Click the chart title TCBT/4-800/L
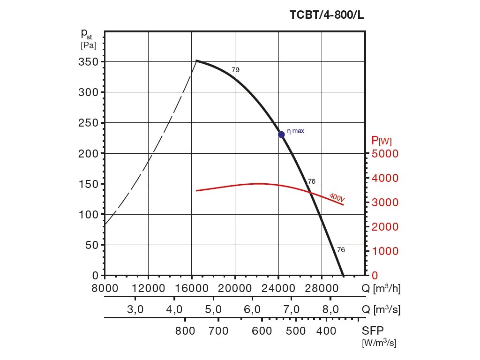(327, 15)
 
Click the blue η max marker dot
(281, 135)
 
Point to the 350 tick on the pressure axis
(88, 62)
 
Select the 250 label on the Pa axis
(88, 123)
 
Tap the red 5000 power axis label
(384, 154)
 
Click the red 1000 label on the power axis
(384, 251)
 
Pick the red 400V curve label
(337, 198)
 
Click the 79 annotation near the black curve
(235, 70)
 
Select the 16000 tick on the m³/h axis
(192, 288)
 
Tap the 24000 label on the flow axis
(278, 288)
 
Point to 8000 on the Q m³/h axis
(105, 288)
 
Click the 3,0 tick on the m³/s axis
(135, 310)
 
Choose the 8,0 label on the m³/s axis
(330, 310)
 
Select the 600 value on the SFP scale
(262, 331)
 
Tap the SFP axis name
(372, 330)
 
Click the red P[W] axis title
(382, 140)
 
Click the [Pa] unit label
(88, 45)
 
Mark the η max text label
(295, 131)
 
